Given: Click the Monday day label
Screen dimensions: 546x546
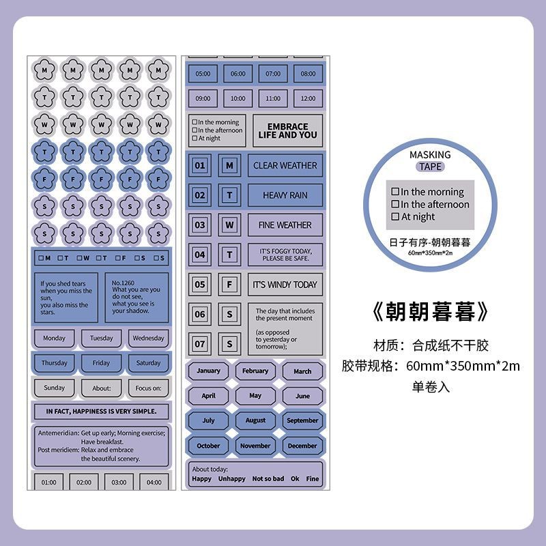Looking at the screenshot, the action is [x=54, y=338].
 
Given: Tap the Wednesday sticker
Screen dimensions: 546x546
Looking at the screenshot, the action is [x=148, y=338].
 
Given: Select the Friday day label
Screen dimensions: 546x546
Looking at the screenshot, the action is [x=101, y=363].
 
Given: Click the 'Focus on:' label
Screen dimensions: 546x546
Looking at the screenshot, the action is [x=148, y=388].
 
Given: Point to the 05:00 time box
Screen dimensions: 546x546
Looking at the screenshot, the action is [x=203, y=74].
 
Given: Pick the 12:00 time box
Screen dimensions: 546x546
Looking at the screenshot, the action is [x=308, y=98].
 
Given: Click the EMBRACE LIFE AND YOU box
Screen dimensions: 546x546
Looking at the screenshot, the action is [x=287, y=130].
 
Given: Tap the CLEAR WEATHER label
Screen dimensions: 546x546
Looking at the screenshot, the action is [x=285, y=165].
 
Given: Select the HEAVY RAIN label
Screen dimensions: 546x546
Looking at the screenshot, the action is [x=285, y=195].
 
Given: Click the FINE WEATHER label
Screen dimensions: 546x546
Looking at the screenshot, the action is [x=285, y=225].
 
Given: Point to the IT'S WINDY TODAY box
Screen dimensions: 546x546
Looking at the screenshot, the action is [x=285, y=284].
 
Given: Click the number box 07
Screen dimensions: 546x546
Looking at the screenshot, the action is [x=199, y=344].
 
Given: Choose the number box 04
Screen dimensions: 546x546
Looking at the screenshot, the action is [x=199, y=255].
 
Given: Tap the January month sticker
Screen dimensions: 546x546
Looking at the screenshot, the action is [x=208, y=371].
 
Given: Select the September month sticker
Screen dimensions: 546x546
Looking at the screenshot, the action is [x=302, y=420].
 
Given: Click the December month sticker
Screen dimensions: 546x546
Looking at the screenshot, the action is [x=302, y=446].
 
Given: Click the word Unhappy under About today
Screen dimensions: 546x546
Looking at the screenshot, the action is [x=232, y=479].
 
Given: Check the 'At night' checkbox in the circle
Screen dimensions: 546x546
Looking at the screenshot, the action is [x=395, y=217].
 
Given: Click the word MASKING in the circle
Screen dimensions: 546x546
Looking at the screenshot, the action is [x=430, y=155].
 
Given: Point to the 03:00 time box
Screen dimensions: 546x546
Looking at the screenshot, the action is [x=119, y=482].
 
